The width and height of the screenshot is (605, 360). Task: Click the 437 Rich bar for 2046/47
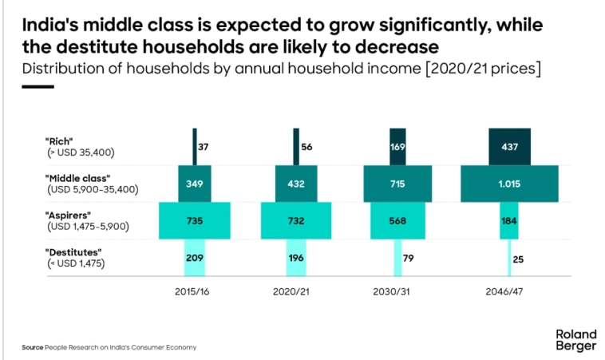pyautogui.click(x=509, y=147)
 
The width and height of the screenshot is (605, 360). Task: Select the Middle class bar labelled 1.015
pyautogui.click(x=509, y=184)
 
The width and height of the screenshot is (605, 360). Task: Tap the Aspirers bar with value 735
pyautogui.click(x=195, y=221)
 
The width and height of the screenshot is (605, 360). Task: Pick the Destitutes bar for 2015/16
pyautogui.click(x=195, y=259)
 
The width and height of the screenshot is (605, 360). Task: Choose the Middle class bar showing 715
pyautogui.click(x=397, y=184)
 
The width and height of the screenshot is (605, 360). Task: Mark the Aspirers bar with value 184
pyautogui.click(x=509, y=221)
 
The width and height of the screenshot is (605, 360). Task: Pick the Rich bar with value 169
pyautogui.click(x=397, y=147)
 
